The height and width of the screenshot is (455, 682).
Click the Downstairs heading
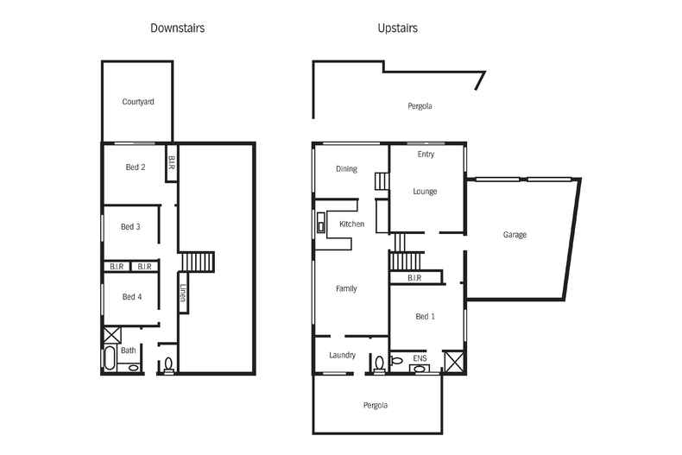(x=177, y=28)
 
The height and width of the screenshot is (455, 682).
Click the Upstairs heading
(x=397, y=28)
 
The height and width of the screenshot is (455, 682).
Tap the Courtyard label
(x=138, y=102)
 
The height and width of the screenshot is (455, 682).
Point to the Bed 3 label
(x=130, y=227)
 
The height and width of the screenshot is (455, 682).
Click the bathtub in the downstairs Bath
(x=110, y=358)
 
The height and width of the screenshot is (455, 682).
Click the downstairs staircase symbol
(x=198, y=262)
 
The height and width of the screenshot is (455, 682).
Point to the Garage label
(x=515, y=235)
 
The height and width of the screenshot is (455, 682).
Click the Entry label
(x=426, y=155)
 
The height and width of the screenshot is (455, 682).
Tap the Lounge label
(x=425, y=192)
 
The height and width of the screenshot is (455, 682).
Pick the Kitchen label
(x=351, y=224)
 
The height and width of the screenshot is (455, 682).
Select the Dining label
(x=346, y=169)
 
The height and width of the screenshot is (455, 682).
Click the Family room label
(x=346, y=289)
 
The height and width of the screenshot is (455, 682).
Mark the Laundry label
(x=343, y=355)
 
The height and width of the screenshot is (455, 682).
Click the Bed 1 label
(x=425, y=317)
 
